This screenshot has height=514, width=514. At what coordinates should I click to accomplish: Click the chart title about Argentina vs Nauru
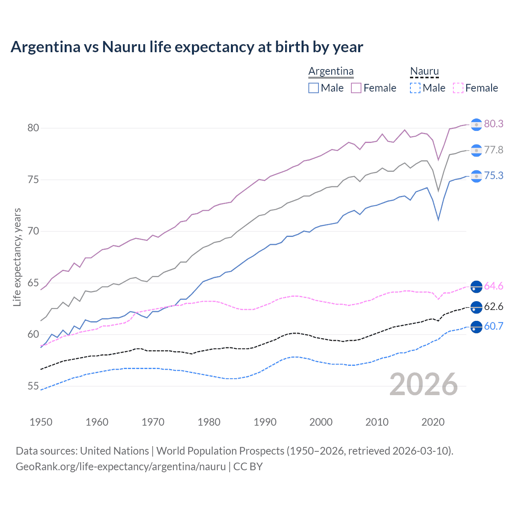187,47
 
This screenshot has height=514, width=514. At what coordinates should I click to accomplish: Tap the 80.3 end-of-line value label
494,124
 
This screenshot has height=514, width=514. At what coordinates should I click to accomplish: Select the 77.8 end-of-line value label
494,150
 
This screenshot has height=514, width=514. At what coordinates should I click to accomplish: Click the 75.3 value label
494,175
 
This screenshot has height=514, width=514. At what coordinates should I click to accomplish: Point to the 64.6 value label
494,286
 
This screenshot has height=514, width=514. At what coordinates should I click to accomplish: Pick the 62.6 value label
494,306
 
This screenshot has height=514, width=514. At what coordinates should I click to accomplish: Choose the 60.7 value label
494,326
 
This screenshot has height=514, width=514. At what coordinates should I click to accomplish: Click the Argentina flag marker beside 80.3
476,124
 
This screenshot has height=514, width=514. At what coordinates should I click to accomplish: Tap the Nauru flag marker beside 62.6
476,307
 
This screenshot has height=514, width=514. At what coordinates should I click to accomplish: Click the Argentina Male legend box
314,88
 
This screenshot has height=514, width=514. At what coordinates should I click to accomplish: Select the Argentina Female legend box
356,88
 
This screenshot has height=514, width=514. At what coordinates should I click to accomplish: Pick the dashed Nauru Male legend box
415,88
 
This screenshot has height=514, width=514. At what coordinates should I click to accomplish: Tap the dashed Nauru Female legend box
458,88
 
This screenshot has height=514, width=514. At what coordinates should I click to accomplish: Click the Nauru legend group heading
424,71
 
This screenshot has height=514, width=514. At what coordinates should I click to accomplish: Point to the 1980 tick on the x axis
209,422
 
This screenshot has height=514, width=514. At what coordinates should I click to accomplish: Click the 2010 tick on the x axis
377,422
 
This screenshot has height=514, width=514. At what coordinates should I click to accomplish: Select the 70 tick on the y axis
33,231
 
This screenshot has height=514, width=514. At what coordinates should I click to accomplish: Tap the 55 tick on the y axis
33,386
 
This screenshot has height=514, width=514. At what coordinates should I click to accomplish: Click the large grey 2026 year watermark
423,384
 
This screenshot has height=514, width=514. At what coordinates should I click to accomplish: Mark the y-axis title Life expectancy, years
17,257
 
